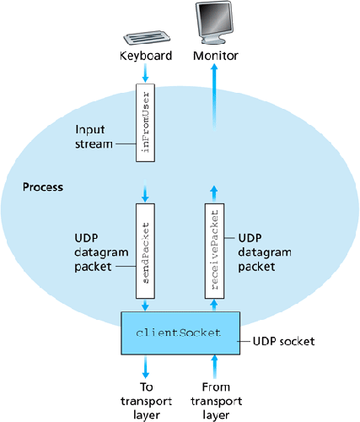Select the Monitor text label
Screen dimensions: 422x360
(x=216, y=56)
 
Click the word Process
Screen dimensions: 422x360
(x=45, y=185)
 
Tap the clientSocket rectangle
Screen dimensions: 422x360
(x=180, y=333)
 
